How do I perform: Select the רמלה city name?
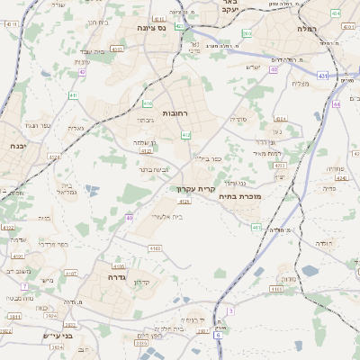pos(308,28)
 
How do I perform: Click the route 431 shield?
pos(322,76)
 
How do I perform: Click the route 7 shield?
pos(25,286)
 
